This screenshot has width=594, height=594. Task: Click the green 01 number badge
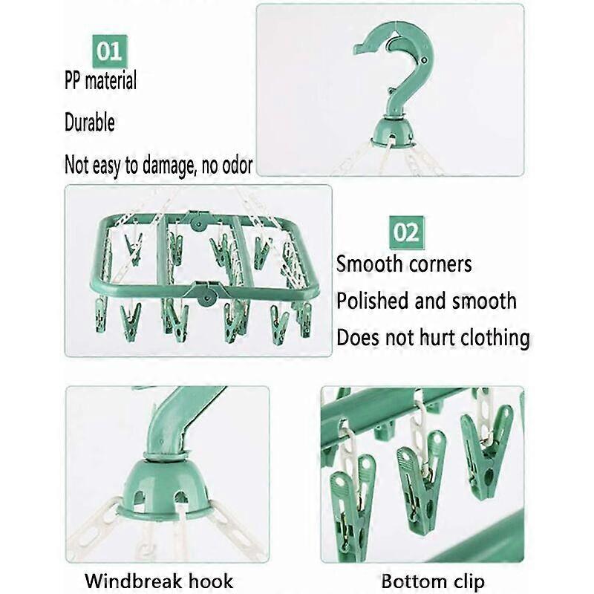coord(109,50)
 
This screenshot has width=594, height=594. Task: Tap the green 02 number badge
coord(405,232)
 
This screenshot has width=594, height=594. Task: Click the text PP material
coord(100,80)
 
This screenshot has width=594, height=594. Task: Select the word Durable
coord(89,122)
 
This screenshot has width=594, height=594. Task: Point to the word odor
coord(235,164)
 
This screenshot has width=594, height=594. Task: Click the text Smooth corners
coord(404,264)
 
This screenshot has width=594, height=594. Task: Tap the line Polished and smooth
coord(426,301)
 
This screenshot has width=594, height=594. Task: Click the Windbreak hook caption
coord(158,580)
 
